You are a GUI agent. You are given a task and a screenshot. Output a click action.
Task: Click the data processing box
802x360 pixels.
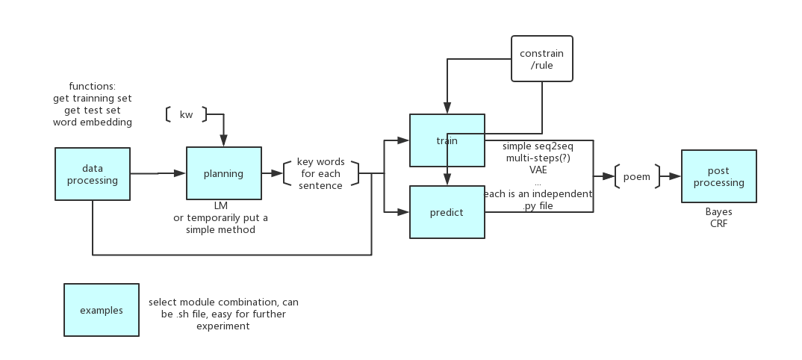pos(93,174)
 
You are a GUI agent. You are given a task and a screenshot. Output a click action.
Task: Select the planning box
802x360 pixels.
pos(223,174)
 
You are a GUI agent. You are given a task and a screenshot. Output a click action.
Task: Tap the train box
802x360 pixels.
pos(447,140)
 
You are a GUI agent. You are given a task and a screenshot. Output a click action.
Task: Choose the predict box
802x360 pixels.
pos(447,212)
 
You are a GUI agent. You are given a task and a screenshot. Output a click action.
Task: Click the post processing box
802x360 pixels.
pos(718,176)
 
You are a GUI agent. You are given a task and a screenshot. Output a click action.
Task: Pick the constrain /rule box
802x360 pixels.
pos(541,59)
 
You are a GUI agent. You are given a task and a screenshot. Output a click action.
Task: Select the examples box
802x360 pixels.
pos(101,310)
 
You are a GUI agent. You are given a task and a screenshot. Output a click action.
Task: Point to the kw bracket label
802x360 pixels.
pos(186,114)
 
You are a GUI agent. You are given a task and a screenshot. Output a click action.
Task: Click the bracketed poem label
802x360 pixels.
pos(636,177)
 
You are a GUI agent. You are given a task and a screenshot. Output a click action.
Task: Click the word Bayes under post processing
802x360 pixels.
pos(718,211)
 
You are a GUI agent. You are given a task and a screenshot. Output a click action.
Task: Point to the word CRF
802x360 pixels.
pos(718,223)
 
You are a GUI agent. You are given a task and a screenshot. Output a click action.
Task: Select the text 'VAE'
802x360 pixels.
pos(538,170)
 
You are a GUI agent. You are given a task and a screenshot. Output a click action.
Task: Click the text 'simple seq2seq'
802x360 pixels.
pos(538,146)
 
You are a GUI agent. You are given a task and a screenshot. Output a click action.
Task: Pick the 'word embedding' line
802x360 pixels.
pos(92,122)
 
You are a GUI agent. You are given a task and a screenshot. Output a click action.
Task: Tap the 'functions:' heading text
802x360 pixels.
pos(92,87)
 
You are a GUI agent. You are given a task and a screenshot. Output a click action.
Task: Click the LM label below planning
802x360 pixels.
pos(221,205)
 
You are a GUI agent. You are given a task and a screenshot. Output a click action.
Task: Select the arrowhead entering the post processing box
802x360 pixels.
pos(676,176)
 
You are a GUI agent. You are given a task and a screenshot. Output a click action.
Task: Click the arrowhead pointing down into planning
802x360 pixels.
pos(223,142)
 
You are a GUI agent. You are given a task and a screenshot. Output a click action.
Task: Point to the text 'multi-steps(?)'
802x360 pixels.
pos(538,158)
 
